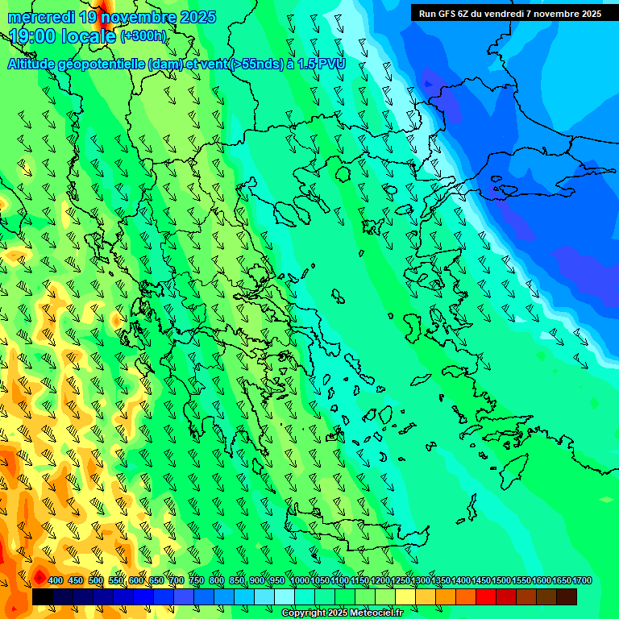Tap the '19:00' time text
(x=32, y=36)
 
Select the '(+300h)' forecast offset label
(x=143, y=36)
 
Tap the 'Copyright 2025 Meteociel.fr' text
(x=342, y=613)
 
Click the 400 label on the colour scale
(x=56, y=581)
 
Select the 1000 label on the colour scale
(x=299, y=581)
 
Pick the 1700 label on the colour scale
(x=582, y=581)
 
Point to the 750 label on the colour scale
(x=197, y=581)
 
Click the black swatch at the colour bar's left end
(x=43, y=597)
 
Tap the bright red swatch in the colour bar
(x=486, y=597)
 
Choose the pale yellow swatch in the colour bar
(x=405, y=597)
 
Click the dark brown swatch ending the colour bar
(x=567, y=597)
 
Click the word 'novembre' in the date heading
(x=142, y=17)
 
